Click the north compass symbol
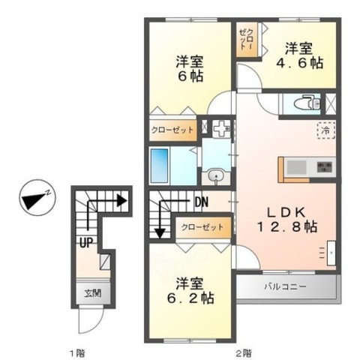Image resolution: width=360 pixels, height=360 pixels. pos(34,200)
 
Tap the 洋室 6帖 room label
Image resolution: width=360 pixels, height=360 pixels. pos(191,69)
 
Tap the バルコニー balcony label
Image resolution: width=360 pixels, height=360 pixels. pos(283,286)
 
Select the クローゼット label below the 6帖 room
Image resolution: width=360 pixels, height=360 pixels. pos(173,130)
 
